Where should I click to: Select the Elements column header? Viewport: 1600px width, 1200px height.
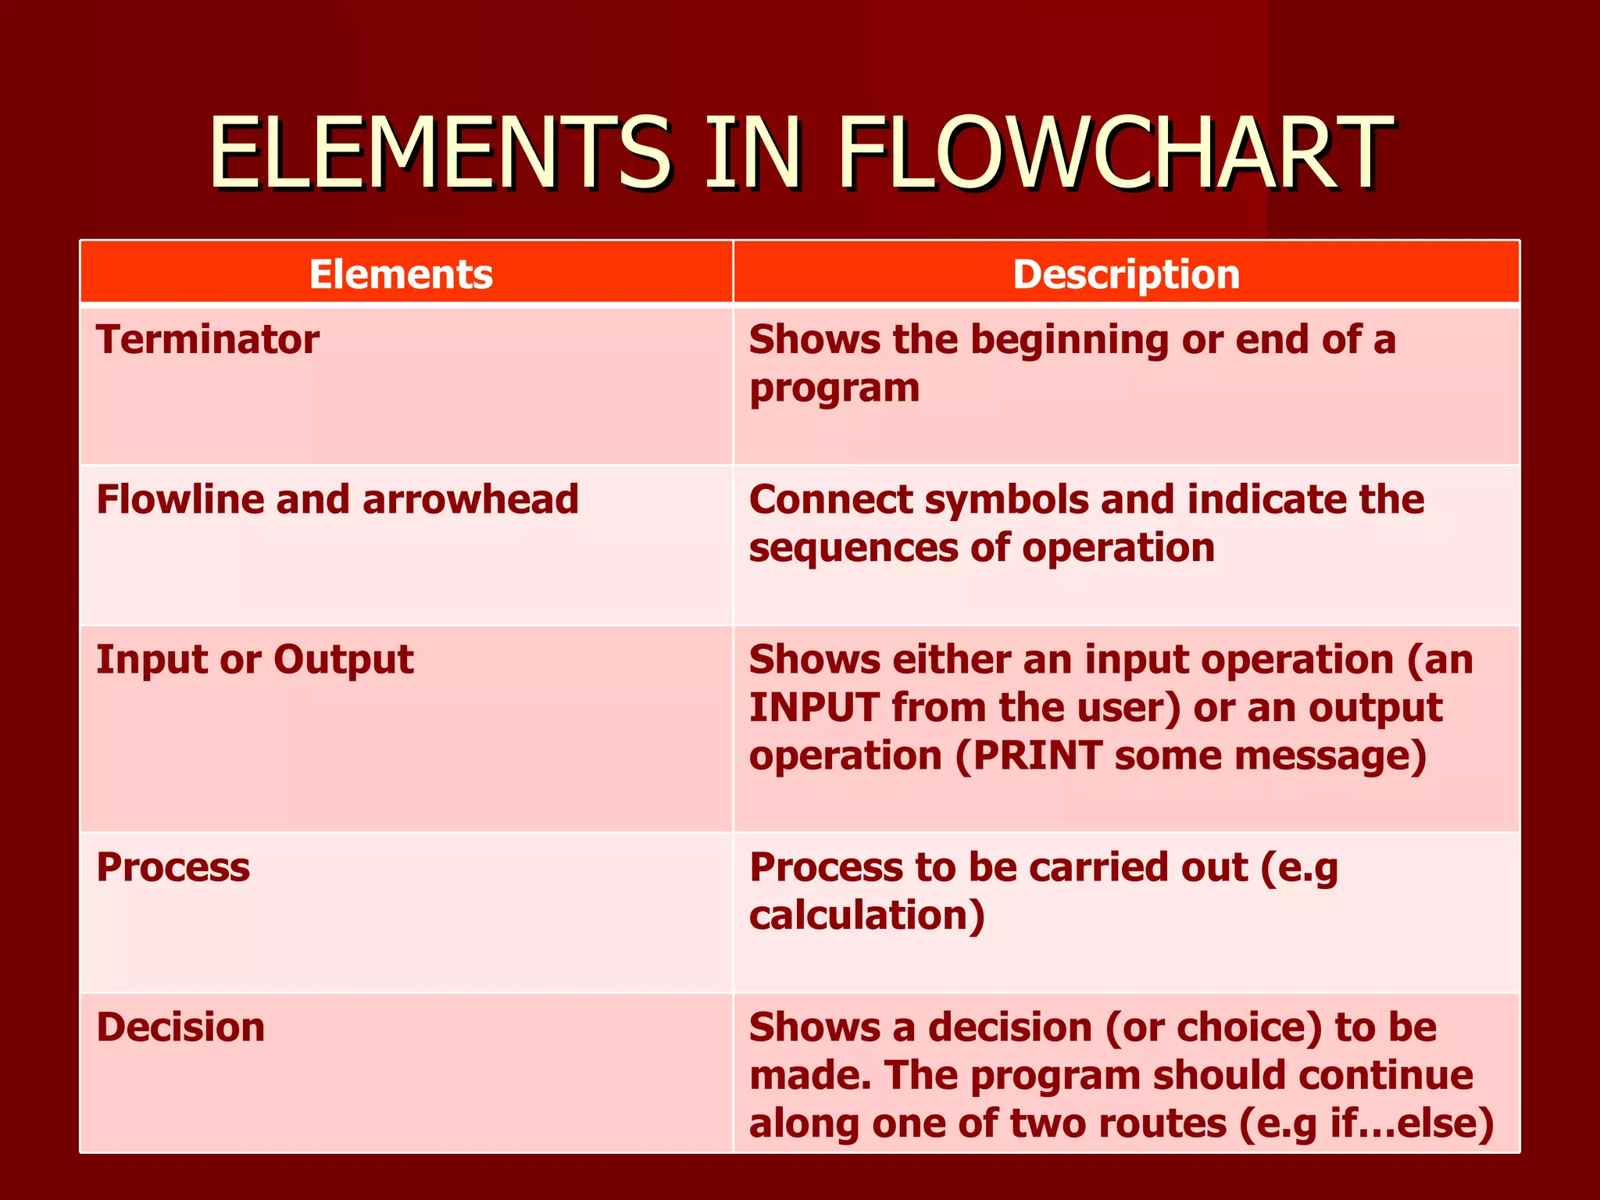coord(401,274)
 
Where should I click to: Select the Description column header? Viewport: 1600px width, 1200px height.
coord(1126,274)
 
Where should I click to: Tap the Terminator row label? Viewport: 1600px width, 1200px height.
coord(207,340)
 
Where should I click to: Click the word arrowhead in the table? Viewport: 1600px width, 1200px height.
coord(470,499)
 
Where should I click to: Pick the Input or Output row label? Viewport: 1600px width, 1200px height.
coord(255,660)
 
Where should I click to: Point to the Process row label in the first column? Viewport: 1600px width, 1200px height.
coord(173,867)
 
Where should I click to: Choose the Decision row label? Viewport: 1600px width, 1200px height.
coord(180,1027)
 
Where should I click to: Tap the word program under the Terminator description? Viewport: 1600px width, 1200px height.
coord(834,389)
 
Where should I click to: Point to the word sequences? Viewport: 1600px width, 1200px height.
coord(852,548)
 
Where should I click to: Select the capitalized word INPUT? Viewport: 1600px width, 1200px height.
coord(813,708)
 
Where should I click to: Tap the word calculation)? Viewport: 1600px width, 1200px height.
coord(866,916)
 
